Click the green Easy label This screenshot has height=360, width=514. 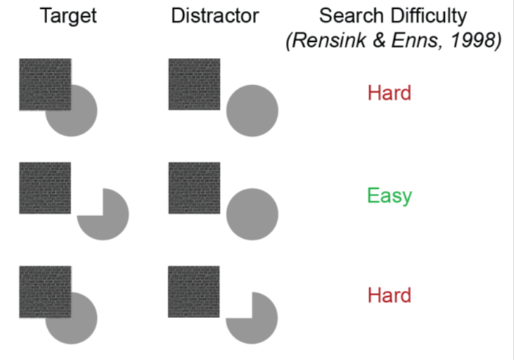point(390,196)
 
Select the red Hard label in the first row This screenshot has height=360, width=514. point(390,93)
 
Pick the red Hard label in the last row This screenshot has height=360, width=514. point(390,295)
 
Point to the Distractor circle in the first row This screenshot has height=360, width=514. point(251,110)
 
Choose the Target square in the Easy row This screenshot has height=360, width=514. point(45,188)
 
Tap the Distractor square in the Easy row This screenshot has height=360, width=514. point(194,188)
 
